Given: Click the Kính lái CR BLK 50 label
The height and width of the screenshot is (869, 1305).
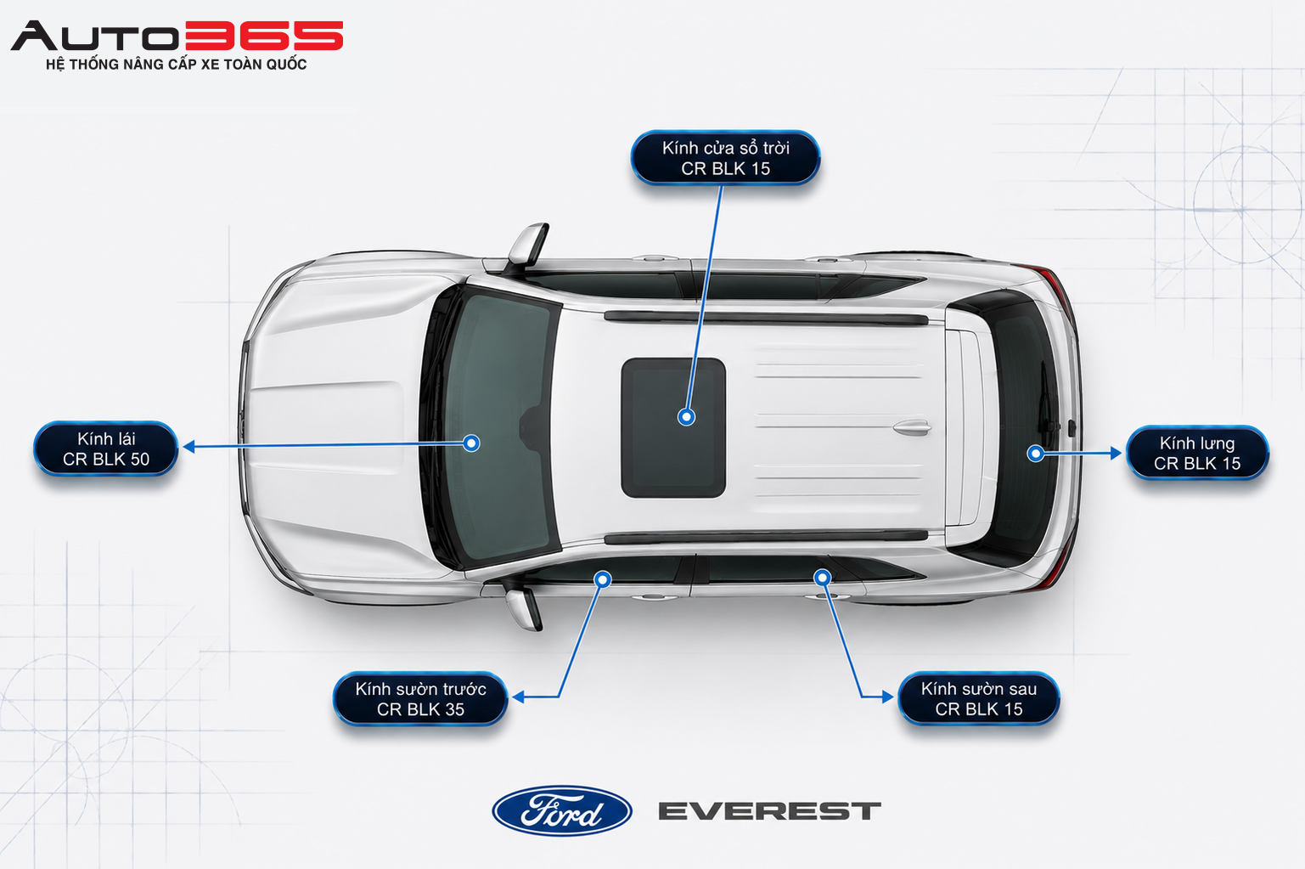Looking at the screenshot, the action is click(105, 449).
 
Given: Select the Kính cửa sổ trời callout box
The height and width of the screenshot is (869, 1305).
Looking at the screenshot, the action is click(725, 157).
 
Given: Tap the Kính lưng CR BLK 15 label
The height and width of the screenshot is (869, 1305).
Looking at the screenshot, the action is click(1197, 453).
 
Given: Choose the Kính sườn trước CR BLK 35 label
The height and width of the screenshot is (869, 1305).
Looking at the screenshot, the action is click(420, 699).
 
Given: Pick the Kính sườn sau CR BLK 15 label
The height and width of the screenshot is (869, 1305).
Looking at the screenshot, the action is click(979, 698).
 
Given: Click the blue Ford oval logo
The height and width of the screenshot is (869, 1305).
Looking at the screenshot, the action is click(562, 810).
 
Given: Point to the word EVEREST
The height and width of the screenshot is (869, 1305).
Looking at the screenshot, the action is click(769, 811).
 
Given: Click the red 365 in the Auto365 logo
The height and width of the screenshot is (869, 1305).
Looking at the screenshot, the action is click(264, 36).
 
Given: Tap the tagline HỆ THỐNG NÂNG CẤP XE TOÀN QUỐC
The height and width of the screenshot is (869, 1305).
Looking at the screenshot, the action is click(176, 64).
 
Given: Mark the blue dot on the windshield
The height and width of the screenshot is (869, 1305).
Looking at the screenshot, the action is click(471, 443).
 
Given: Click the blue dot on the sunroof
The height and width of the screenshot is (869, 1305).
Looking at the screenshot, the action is click(686, 417).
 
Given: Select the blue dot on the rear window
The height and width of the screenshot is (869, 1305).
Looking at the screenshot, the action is click(1035, 453).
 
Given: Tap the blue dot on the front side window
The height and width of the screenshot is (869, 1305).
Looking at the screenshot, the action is click(603, 578).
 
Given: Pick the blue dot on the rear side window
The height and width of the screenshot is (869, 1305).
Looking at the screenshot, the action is click(822, 577).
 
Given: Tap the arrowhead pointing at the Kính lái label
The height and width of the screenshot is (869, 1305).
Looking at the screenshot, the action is click(188, 447).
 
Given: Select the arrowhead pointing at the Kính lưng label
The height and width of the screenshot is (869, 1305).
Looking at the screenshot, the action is click(1116, 453).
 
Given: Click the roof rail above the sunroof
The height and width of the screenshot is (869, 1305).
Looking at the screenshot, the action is click(766, 319).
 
